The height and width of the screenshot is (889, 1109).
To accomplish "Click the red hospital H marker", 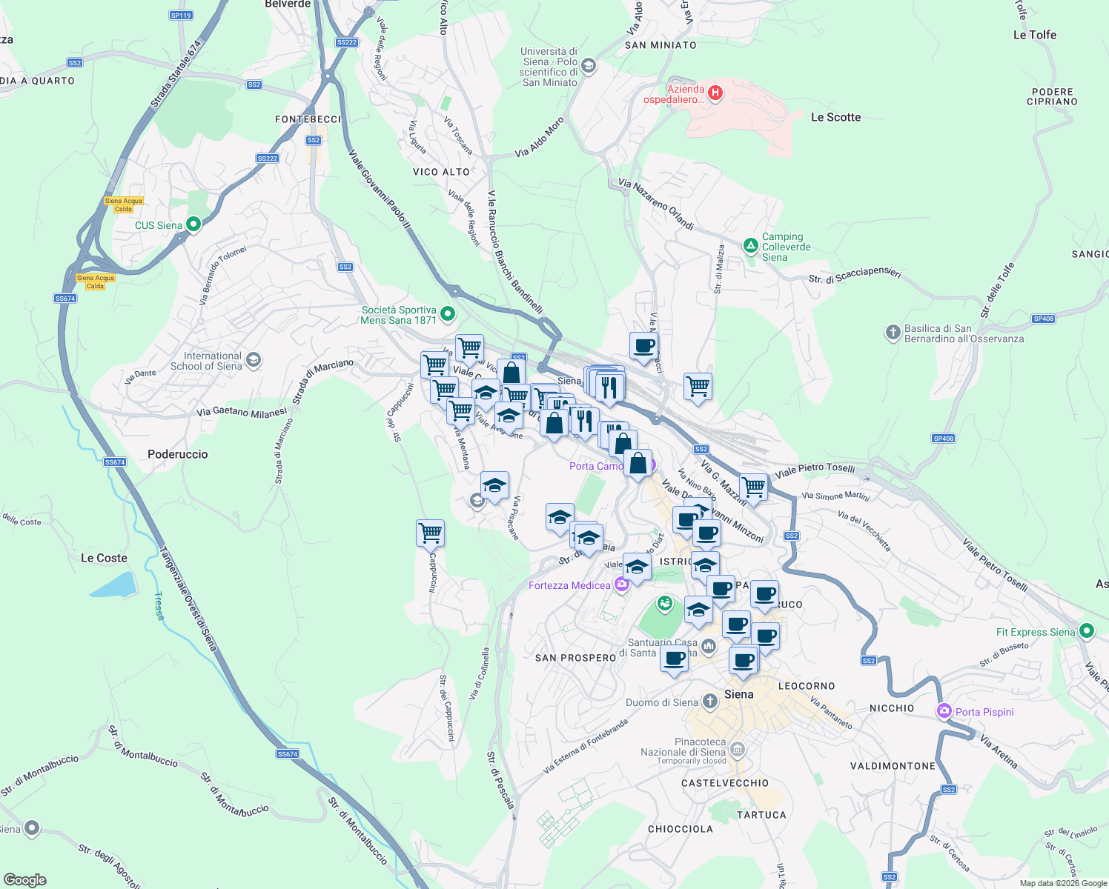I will pyautogui.click(x=715, y=93).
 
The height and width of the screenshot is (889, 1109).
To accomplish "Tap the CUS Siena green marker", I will pyautogui.click(x=193, y=224).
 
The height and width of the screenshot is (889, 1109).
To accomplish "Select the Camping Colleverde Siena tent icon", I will pyautogui.click(x=750, y=245).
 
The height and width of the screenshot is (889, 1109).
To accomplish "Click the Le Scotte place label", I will pyautogui.click(x=835, y=117).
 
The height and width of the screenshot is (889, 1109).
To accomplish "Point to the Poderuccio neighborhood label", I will pyautogui.click(x=178, y=454).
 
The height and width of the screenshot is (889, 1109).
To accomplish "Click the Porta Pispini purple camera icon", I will pyautogui.click(x=944, y=711).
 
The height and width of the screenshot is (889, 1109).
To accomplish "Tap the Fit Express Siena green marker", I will pyautogui.click(x=1087, y=631).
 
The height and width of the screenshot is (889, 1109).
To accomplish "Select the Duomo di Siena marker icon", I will pyautogui.click(x=709, y=701).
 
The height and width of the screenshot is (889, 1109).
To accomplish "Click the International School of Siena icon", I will pyautogui.click(x=254, y=360).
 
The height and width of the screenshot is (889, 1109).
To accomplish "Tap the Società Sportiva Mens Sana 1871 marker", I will pyautogui.click(x=448, y=314).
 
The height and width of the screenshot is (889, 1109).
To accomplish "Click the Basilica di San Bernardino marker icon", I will pyautogui.click(x=893, y=332).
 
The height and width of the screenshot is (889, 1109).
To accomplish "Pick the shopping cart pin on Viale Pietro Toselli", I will pyautogui.click(x=753, y=487).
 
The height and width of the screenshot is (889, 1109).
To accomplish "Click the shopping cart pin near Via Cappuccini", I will pyautogui.click(x=431, y=533).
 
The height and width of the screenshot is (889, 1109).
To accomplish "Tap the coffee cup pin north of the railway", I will pyautogui.click(x=643, y=345).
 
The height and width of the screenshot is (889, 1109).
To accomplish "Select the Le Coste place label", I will pyautogui.click(x=104, y=558).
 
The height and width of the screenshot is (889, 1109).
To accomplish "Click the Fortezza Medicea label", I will pyautogui.click(x=569, y=585).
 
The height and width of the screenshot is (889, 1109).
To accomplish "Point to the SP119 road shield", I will pyautogui.click(x=181, y=15).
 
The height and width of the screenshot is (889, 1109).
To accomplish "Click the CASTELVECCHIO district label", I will pyautogui.click(x=725, y=783).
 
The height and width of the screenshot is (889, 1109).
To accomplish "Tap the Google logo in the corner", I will pyautogui.click(x=25, y=879).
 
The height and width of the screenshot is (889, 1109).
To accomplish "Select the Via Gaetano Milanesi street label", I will pyautogui.click(x=242, y=412).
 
